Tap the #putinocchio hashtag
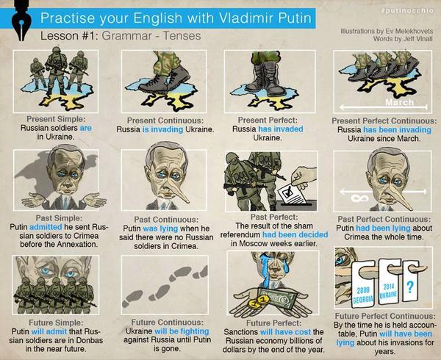[407, 11]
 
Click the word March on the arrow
[400, 102]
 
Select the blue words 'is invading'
[163, 129]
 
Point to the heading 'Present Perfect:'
[268, 120]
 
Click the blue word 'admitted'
[46, 226]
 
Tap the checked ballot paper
[292, 194]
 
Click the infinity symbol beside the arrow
[359, 198]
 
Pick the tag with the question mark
[410, 282]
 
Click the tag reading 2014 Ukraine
[388, 282]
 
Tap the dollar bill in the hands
[279, 298]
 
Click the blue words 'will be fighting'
[182, 331]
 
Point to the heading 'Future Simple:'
[57, 323]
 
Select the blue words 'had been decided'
[295, 234]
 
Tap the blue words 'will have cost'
[285, 332]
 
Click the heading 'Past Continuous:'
[166, 220]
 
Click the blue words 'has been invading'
[397, 130]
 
